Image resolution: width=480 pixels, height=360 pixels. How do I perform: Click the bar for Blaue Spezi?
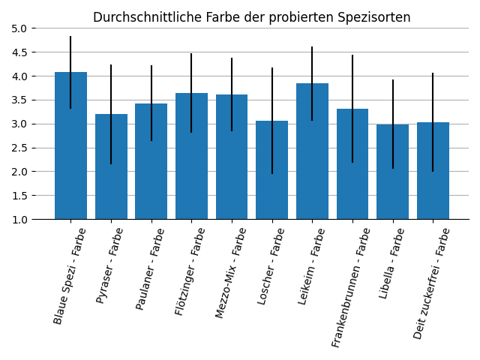70,150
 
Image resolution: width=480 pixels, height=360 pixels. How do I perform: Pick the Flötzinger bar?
191,157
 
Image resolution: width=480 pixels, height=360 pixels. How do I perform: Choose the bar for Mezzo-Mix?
232,159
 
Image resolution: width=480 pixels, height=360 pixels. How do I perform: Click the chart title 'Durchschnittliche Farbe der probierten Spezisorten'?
251,17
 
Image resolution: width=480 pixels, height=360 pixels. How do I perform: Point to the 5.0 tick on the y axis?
19,28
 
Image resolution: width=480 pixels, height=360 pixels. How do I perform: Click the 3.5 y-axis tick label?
19,100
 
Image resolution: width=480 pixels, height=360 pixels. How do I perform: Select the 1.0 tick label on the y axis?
19,220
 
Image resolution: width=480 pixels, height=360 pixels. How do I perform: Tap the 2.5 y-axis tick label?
19,148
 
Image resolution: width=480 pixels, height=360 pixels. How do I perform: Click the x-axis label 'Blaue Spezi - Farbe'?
70,276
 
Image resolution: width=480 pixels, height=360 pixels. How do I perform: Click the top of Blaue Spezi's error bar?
70,36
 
